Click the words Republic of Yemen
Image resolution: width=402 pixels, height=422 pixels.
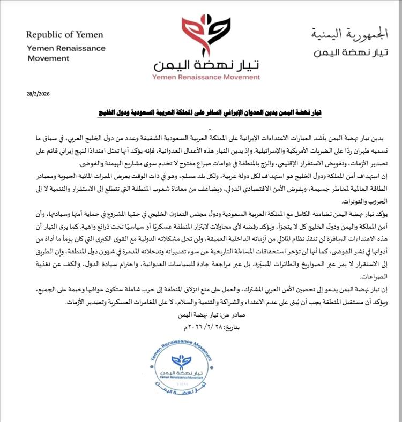(65, 35)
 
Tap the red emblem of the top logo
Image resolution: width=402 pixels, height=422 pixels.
(200, 34)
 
